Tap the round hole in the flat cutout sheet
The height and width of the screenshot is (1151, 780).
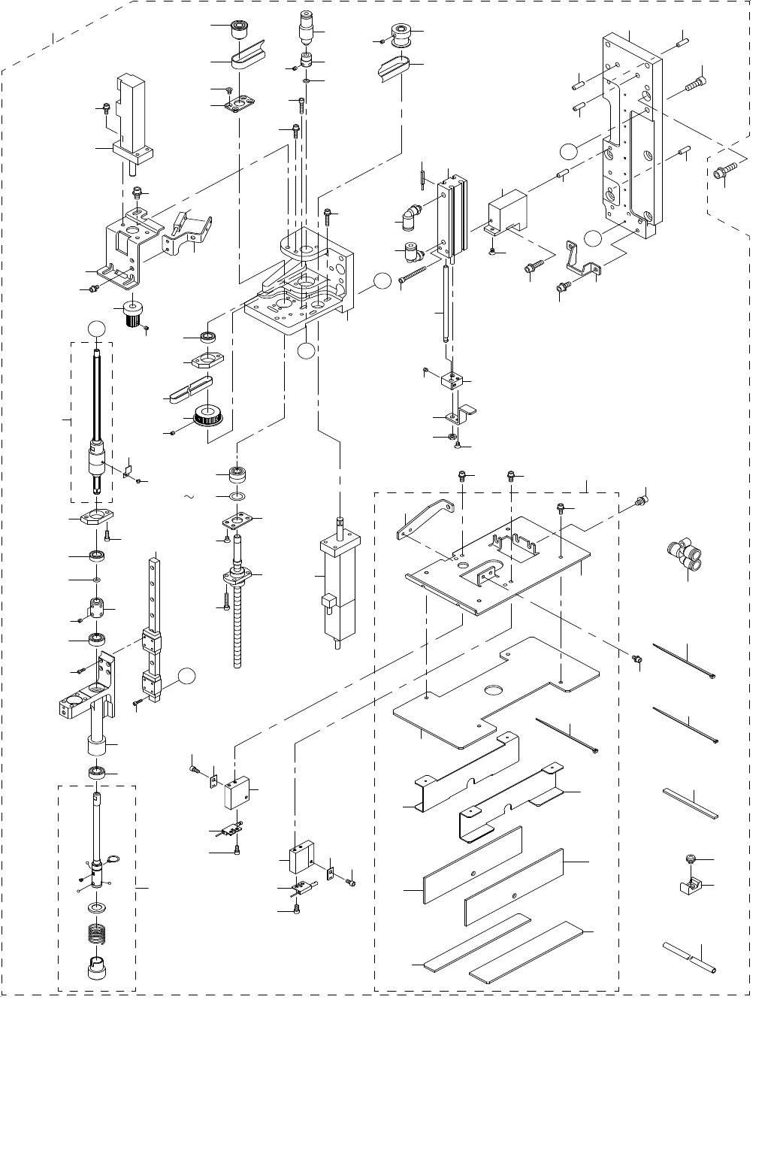coord(494,689)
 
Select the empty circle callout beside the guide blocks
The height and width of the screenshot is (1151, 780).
coord(189,676)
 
